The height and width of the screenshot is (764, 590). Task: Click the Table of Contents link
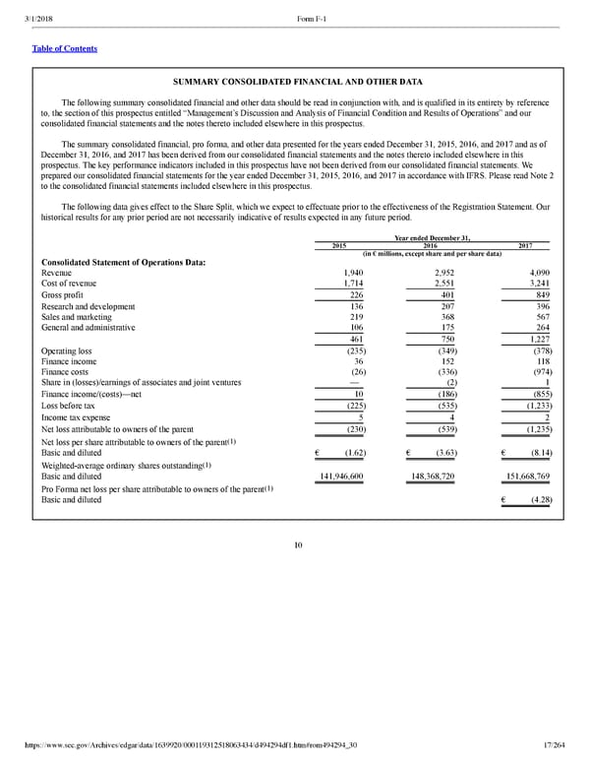click(x=65, y=48)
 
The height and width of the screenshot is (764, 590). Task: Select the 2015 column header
click(x=339, y=245)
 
